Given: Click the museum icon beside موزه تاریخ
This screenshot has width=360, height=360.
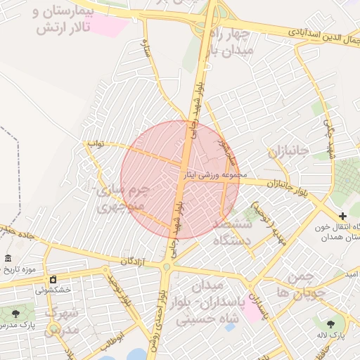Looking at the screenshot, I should coord(8,258).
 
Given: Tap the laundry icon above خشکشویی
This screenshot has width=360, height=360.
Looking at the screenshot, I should coord(53,279).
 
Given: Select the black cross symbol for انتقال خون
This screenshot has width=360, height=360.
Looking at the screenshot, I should coord(342,217).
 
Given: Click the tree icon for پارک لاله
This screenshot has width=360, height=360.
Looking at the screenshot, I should coord(330,324).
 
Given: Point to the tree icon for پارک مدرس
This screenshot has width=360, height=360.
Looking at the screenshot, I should coord(15,313).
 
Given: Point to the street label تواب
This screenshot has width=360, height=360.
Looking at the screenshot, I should coord(95,143).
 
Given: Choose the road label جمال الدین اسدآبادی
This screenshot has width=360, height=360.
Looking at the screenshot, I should coord(324,32).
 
